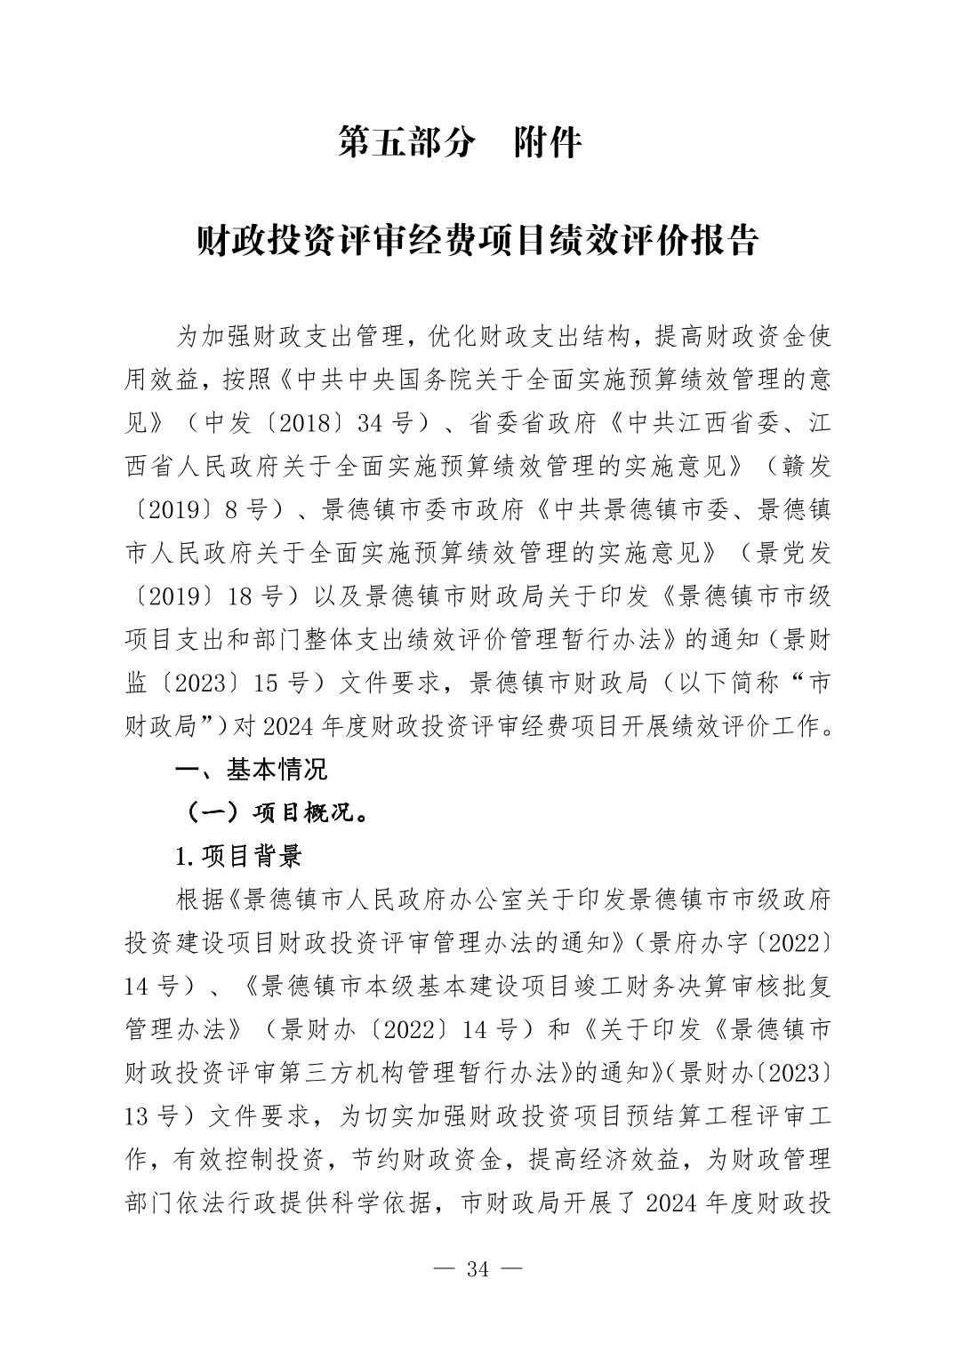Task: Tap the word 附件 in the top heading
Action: point(548,141)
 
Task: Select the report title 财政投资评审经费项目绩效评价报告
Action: point(477,240)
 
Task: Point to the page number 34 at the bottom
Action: point(477,1268)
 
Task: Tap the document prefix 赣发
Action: point(804,466)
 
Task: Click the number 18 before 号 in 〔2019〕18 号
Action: point(241,596)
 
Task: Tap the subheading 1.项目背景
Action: point(239,855)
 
